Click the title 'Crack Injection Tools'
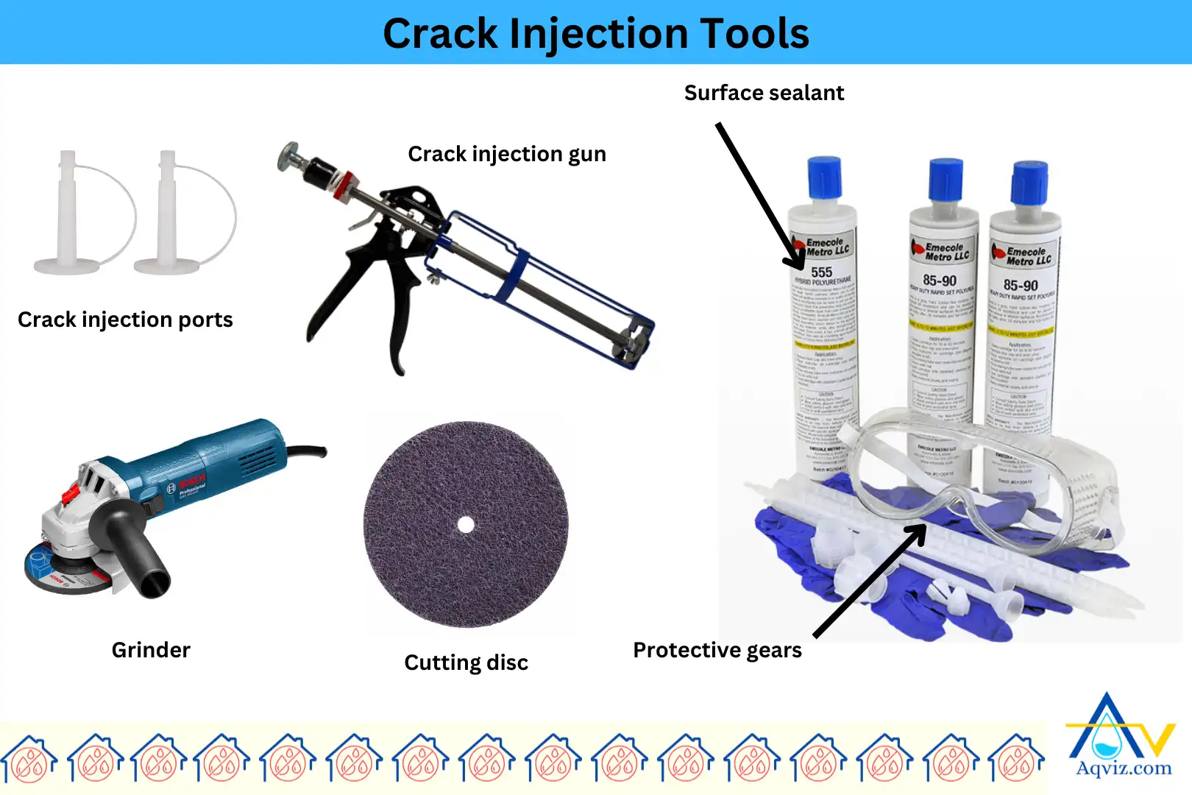pos(595,34)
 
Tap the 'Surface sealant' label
pos(764,93)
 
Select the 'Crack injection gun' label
pos(507,154)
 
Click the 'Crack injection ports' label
pos(125,319)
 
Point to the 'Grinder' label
pos(151,650)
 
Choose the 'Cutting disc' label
pos(466,662)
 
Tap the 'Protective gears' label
pos(717,650)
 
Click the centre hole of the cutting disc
pos(466,524)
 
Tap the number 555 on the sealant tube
pos(822,272)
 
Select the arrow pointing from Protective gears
pos(868,582)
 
